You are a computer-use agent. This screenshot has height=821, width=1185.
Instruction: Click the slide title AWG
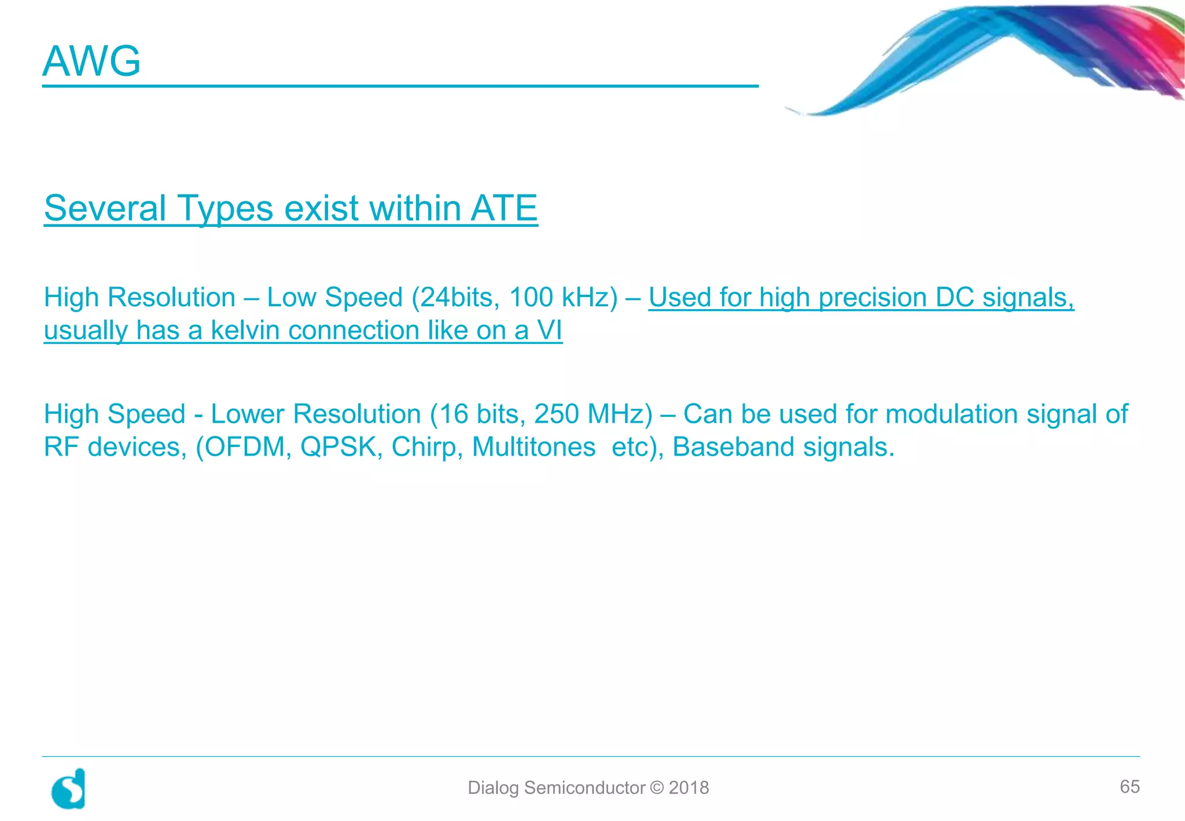[x=91, y=61]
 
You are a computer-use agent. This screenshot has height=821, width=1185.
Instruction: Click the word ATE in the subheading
[x=504, y=208]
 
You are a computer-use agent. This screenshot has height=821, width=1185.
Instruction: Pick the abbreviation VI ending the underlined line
[x=549, y=331]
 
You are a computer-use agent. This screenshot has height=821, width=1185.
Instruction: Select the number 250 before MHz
[x=556, y=415]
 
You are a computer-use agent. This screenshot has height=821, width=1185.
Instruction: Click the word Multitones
[x=533, y=448]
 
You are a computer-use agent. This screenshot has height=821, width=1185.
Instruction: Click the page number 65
[x=1129, y=787]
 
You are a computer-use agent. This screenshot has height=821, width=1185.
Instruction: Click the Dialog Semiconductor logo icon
[x=69, y=789]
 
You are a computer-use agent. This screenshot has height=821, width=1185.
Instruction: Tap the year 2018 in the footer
[x=689, y=788]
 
